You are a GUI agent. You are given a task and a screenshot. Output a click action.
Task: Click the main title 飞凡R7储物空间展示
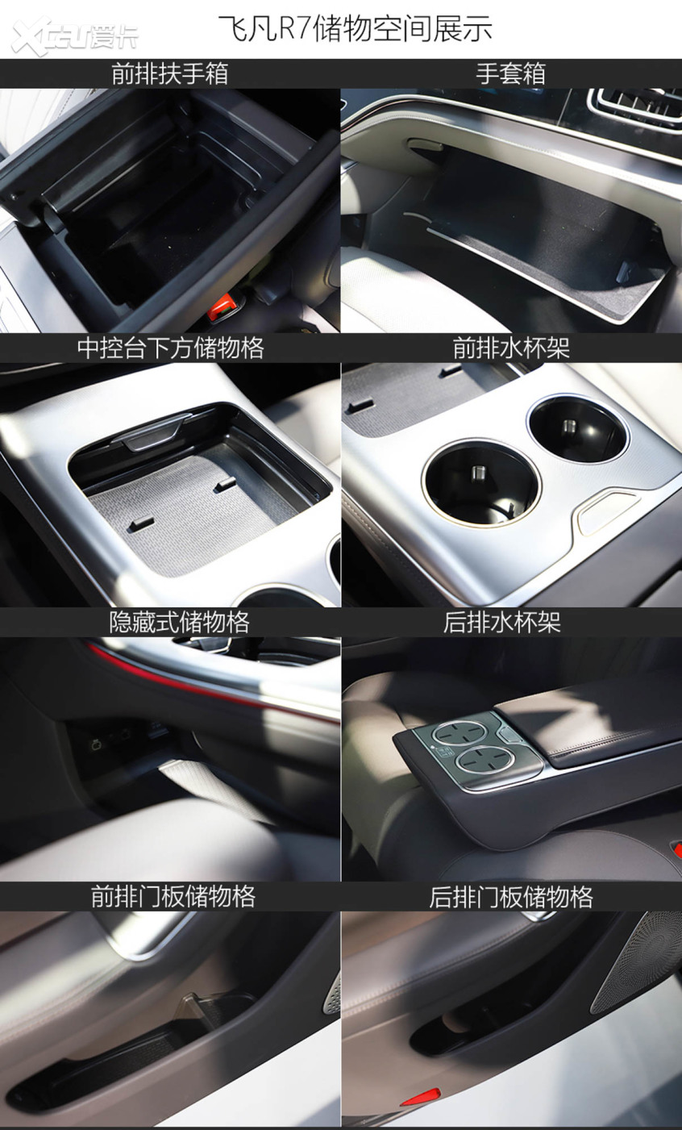click(x=355, y=28)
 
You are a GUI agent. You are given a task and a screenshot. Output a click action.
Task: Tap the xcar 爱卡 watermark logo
click(x=75, y=35)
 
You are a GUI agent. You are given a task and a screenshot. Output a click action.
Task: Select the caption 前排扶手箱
click(x=170, y=73)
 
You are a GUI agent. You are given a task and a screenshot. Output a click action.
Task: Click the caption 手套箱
click(x=510, y=73)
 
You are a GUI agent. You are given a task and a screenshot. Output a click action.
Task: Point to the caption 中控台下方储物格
click(x=170, y=348)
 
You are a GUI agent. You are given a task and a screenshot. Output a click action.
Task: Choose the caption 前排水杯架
click(x=511, y=348)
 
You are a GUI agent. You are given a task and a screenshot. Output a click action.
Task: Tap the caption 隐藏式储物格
click(x=180, y=623)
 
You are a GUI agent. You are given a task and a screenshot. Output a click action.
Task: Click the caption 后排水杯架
click(x=502, y=623)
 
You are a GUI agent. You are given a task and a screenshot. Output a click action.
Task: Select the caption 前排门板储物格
click(x=173, y=897)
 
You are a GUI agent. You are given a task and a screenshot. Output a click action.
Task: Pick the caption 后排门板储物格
click(x=511, y=897)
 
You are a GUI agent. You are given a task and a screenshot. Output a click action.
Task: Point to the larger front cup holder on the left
click(x=480, y=482)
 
